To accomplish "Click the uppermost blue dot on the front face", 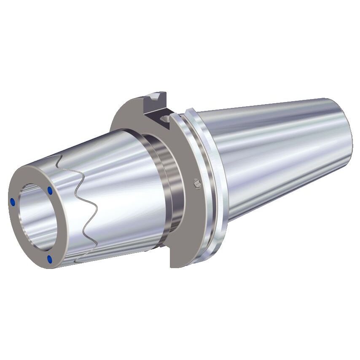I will (50, 191).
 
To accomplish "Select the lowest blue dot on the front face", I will (50, 258).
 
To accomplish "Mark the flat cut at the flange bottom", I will (177, 265).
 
